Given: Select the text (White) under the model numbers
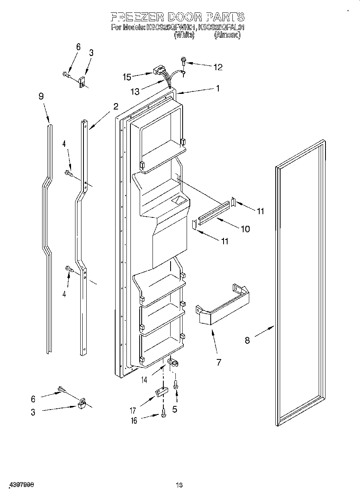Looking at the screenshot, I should pos(184,35).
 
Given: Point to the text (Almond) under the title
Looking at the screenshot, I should pos(227,35).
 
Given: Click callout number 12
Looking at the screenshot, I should pos(218,67).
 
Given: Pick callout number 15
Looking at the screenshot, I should pos(127,76).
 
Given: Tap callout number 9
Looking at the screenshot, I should pos(41,96).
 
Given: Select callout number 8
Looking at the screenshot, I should pos(247,340).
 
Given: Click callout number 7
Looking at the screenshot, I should pos(219,362).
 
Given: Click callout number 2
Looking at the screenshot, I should pos(116,106).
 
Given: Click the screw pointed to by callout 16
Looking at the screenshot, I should pos(163,413).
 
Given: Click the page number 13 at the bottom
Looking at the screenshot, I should pos(179,485).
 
